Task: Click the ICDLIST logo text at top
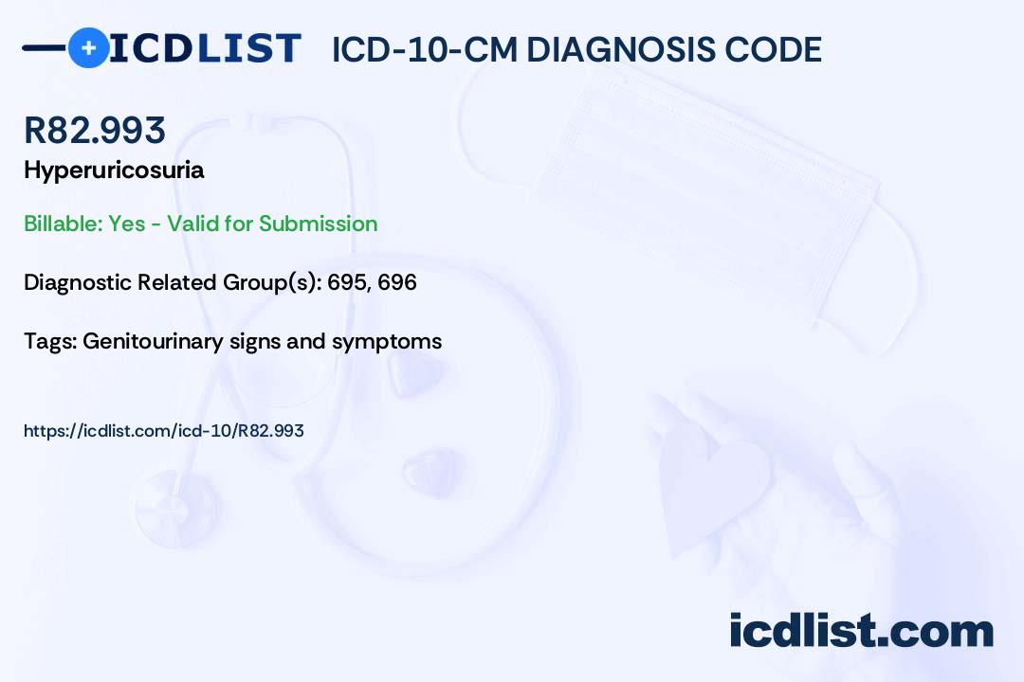tap(205, 48)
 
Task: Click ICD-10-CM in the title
tap(425, 49)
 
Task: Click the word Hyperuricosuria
tap(114, 170)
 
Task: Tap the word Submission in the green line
tap(318, 224)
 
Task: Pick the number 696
tap(397, 282)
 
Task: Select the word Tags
tap(48, 341)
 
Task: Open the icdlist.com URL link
tap(163, 431)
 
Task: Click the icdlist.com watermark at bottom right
tap(861, 631)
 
